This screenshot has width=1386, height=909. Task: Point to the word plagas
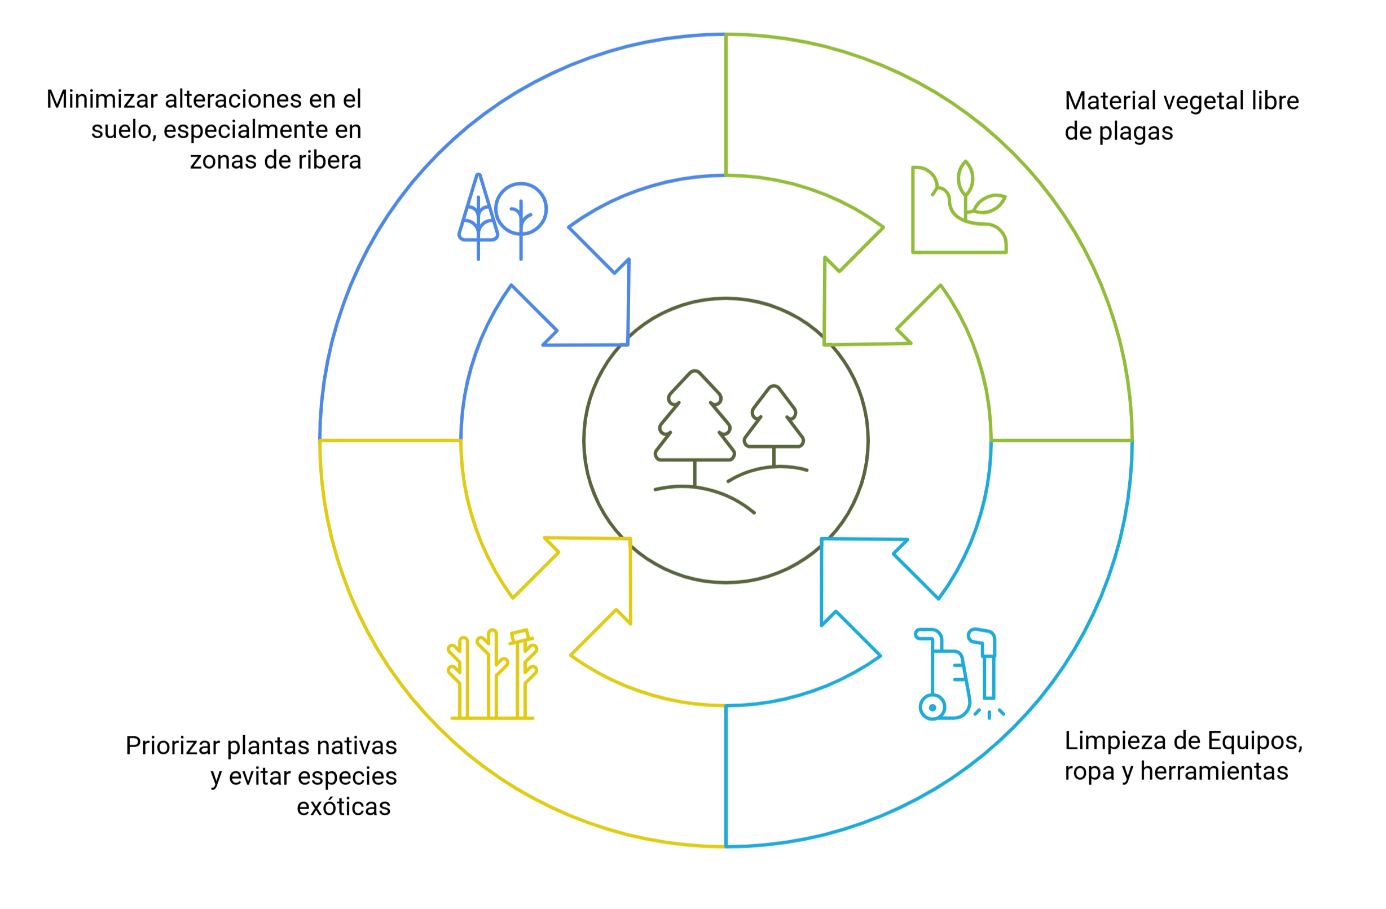pos(1136,132)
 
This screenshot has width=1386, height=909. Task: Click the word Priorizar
pos(173,746)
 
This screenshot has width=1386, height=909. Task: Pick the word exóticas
pos(344,807)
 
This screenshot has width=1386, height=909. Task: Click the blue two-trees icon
pos(502,217)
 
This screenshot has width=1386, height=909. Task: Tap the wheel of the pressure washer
pos(932,708)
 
